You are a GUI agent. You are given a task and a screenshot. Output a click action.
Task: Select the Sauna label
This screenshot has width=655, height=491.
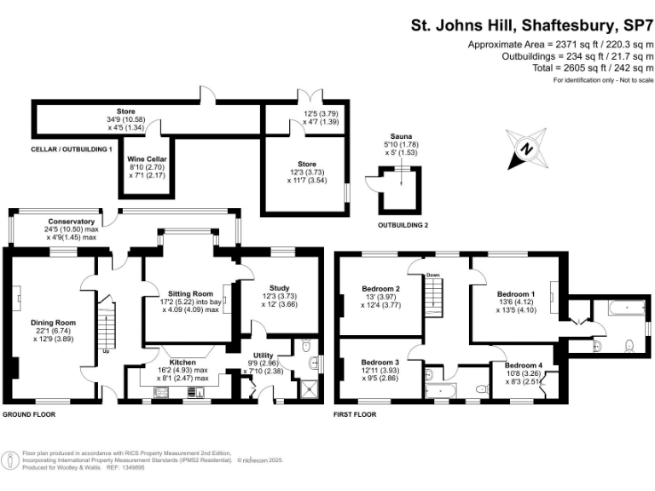[x=402, y=136]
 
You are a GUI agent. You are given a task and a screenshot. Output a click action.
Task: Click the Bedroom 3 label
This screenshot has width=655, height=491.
[x=380, y=361]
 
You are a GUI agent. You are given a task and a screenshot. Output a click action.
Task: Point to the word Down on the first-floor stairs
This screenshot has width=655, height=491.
[x=433, y=274]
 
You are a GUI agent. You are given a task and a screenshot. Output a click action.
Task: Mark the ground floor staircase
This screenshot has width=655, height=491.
[x=107, y=328]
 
